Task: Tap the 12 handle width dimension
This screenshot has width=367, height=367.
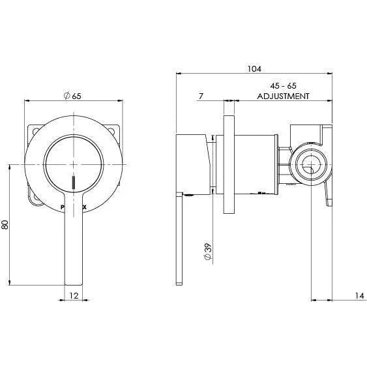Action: [x=74, y=297]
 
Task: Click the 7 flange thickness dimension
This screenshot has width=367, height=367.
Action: [x=201, y=96]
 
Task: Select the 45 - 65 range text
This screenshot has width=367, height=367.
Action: [x=283, y=85]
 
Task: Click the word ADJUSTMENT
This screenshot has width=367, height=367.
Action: [x=283, y=96]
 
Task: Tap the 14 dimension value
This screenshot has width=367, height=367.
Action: [x=359, y=297]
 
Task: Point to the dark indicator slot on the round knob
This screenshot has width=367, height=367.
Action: [x=74, y=183]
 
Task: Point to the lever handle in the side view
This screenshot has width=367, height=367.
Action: [x=180, y=241]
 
